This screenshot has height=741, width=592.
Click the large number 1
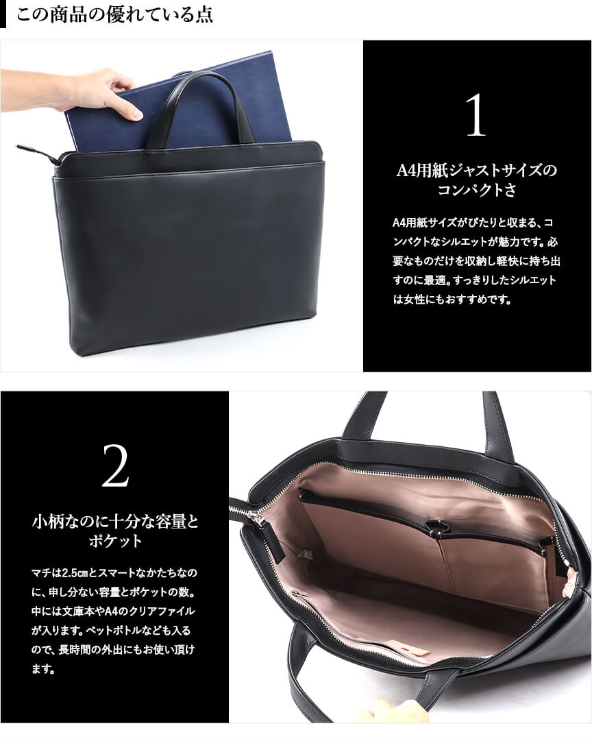tap(476, 115)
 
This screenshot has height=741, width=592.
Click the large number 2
tap(115, 466)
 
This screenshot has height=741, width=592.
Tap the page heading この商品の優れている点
tap(114, 14)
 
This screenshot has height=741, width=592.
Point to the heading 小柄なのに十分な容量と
tap(115, 522)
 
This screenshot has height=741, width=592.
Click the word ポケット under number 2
tap(115, 541)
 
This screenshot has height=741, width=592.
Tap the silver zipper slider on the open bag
tap(258, 518)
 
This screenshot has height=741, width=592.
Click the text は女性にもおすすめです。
tap(453, 299)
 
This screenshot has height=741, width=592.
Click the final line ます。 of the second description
tap(43, 669)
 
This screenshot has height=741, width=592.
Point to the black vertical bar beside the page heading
tap(3, 14)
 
